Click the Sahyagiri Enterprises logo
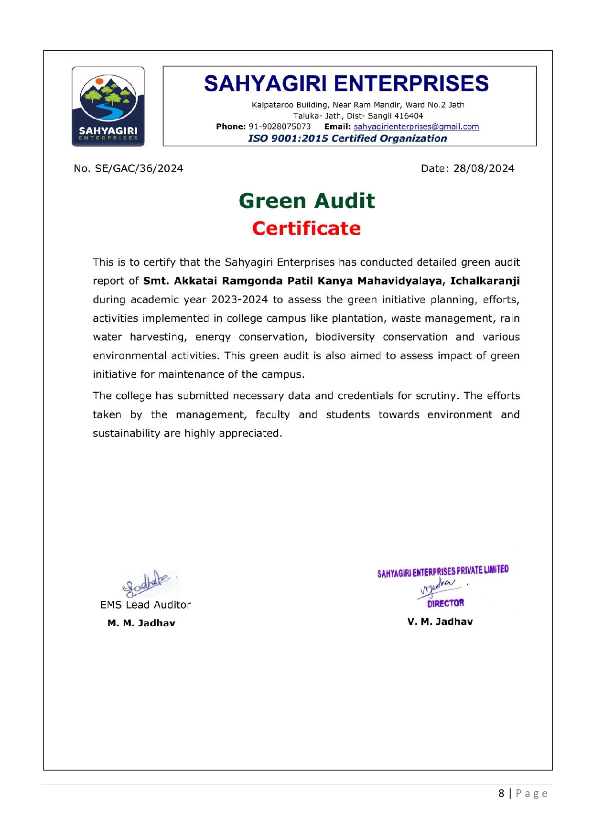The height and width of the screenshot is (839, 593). pos(108,106)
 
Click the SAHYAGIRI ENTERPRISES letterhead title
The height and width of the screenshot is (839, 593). pos(346,84)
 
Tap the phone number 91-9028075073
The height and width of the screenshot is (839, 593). pos(280,127)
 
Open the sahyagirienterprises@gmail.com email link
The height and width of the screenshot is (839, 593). pos(416,127)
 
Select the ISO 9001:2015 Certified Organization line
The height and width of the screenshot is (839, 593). pos(347,139)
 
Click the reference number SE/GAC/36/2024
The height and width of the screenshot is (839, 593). pos(139,168)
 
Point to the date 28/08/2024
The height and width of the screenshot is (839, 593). pos(484,168)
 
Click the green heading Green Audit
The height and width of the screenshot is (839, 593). pos(307,201)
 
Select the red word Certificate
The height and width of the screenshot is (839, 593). pos(306,229)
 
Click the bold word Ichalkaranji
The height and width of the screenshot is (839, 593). pos(485,281)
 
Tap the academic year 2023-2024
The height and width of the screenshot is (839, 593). pos(239,300)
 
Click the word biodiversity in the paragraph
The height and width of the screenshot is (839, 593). pos(345,337)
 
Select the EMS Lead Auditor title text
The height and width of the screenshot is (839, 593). pos(145,605)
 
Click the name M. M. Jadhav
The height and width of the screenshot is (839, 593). pos(141,623)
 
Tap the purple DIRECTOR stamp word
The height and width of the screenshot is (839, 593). pos(445,603)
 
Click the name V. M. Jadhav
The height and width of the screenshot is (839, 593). pos(440,621)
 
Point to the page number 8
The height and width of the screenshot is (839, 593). pos(501,794)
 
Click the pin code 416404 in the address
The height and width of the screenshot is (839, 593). pos(409,116)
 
